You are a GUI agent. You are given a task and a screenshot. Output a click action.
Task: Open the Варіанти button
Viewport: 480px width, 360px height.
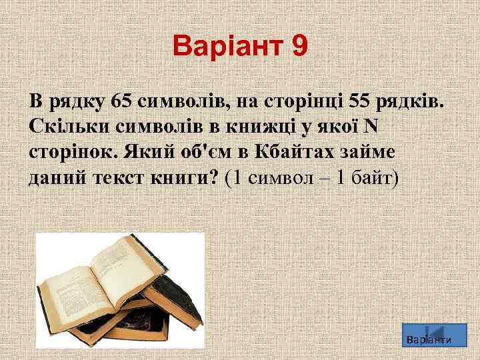pyautogui.click(x=429, y=337)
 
